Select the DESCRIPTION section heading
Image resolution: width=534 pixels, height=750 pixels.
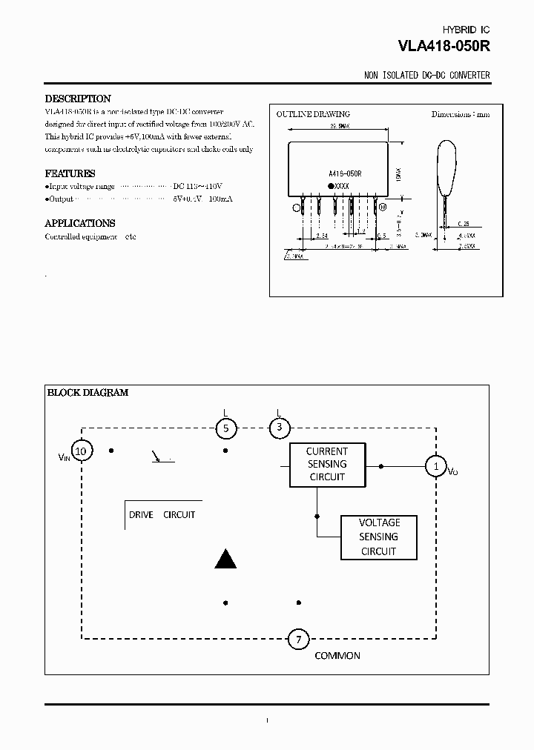tap(78, 99)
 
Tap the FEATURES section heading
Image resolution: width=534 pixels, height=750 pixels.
tap(70, 173)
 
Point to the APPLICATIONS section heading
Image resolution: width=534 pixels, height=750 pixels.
tap(80, 223)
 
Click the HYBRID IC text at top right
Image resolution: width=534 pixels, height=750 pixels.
tap(466, 29)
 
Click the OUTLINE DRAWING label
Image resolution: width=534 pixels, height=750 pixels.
tap(313, 114)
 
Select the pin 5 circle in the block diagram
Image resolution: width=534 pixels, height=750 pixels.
tap(226, 428)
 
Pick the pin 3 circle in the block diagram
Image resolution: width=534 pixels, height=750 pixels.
tap(279, 428)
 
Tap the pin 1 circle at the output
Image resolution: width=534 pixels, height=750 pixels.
tap(435, 465)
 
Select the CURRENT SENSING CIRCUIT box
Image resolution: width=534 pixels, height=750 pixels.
tap(326, 464)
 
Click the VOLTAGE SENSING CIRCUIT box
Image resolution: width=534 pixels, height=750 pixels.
tap(378, 537)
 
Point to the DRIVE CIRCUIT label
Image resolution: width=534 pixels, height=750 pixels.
tap(162, 514)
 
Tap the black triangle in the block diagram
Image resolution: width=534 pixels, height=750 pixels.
tap(225, 559)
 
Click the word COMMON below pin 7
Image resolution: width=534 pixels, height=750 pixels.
tap(337, 656)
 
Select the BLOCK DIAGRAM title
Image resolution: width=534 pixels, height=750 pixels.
tap(88, 393)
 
